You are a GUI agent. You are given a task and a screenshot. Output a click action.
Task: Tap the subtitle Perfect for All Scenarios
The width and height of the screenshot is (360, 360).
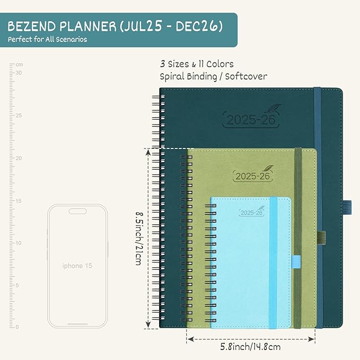coord(47,40)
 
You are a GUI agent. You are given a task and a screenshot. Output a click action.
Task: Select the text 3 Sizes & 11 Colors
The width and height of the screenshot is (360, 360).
coord(197,64)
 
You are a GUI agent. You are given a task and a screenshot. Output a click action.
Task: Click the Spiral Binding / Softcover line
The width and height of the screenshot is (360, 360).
coord(214,76)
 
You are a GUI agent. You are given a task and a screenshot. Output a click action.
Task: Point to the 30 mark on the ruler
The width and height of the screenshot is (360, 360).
coord(18,73)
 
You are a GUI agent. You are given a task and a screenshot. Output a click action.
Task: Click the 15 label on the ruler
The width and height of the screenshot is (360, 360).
coord(18,200)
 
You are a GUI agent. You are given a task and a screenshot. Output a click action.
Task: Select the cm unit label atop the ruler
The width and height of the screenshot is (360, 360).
coord(19,65)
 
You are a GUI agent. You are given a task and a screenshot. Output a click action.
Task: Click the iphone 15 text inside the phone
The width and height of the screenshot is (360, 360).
coord(77,266)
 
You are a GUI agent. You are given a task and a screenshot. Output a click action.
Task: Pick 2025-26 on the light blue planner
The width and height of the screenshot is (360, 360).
coord(251,213)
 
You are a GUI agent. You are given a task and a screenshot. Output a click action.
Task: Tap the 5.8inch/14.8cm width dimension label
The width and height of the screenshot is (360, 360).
coord(250,347)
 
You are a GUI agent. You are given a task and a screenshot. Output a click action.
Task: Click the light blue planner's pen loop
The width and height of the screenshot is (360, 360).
coord(295,260)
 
